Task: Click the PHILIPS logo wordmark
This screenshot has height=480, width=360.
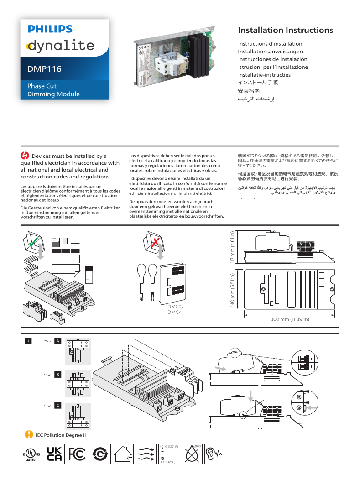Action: [x=50, y=29]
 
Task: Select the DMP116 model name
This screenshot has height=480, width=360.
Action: [x=44, y=69]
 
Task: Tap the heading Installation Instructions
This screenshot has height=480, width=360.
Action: [x=285, y=31]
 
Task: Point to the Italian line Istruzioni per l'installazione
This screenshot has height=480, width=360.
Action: [x=273, y=67]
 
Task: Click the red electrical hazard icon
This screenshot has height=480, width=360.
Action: [x=25, y=156]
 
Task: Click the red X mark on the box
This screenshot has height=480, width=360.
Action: [x=156, y=241]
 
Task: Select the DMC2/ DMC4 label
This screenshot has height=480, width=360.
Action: [x=175, y=309]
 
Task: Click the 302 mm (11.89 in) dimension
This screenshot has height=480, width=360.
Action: [x=290, y=319]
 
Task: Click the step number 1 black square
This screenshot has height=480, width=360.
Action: [x=28, y=341]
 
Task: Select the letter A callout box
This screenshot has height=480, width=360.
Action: [x=57, y=341]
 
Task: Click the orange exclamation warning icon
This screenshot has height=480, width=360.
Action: [x=29, y=434]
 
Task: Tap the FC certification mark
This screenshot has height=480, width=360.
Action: [x=77, y=454]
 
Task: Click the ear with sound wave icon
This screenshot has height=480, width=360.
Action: [x=214, y=454]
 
